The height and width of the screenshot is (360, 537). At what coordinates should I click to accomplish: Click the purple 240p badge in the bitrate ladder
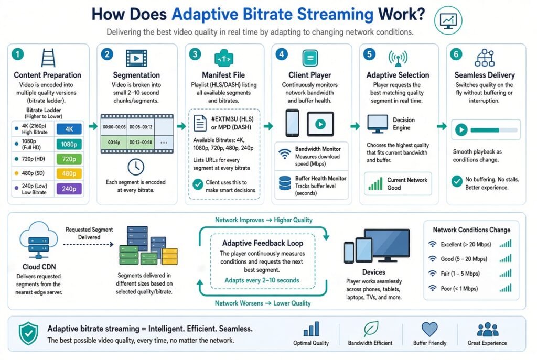pos(69,189)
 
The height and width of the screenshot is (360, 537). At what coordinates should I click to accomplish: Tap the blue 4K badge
pos(69,129)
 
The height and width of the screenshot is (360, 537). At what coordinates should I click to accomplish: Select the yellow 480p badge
pos(69,173)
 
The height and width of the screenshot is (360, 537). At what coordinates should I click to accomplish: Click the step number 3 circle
pos(195,54)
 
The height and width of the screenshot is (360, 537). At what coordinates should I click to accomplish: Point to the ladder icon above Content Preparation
pos(48,58)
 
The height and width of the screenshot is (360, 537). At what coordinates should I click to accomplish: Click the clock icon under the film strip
pos(136,167)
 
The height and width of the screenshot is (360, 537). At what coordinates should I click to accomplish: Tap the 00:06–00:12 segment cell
pos(141,127)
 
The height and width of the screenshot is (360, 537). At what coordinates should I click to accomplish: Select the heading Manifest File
pos(223,75)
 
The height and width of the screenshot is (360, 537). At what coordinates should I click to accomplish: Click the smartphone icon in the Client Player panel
pos(292,123)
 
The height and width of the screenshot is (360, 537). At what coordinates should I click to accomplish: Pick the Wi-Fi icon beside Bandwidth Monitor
pos(285,154)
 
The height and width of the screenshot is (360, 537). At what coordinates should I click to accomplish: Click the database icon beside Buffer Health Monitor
pos(285,183)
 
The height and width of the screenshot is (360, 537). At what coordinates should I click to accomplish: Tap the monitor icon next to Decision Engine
pos(378,124)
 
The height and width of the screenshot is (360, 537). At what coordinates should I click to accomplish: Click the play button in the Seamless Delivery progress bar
pos(461,130)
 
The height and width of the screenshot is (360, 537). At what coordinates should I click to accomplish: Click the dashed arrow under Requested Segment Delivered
pos(88,244)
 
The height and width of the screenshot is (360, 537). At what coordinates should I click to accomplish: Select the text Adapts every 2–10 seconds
pos(262,280)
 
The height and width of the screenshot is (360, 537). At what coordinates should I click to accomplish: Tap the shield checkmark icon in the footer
pos(28,334)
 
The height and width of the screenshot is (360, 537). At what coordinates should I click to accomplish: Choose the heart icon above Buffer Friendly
pos(429,329)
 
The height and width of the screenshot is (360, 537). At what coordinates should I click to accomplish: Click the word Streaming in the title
pos(335,14)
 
